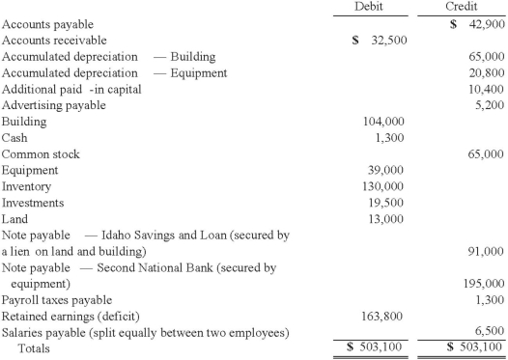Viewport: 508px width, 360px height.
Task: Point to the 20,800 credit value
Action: click(x=484, y=72)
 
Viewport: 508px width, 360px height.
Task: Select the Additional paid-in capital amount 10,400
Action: click(x=484, y=88)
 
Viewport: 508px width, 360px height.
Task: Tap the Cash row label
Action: click(x=16, y=137)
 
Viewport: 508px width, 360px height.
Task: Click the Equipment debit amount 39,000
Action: click(x=387, y=170)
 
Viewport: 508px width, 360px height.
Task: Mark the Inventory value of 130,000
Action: click(x=383, y=186)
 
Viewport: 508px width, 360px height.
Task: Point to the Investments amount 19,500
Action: click(x=387, y=203)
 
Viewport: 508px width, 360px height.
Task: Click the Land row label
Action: click(x=16, y=219)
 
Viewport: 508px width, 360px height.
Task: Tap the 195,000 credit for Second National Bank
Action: click(x=481, y=285)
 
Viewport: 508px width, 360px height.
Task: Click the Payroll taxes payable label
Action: click(x=57, y=300)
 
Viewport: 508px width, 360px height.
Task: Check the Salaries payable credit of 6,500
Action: click(x=487, y=331)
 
